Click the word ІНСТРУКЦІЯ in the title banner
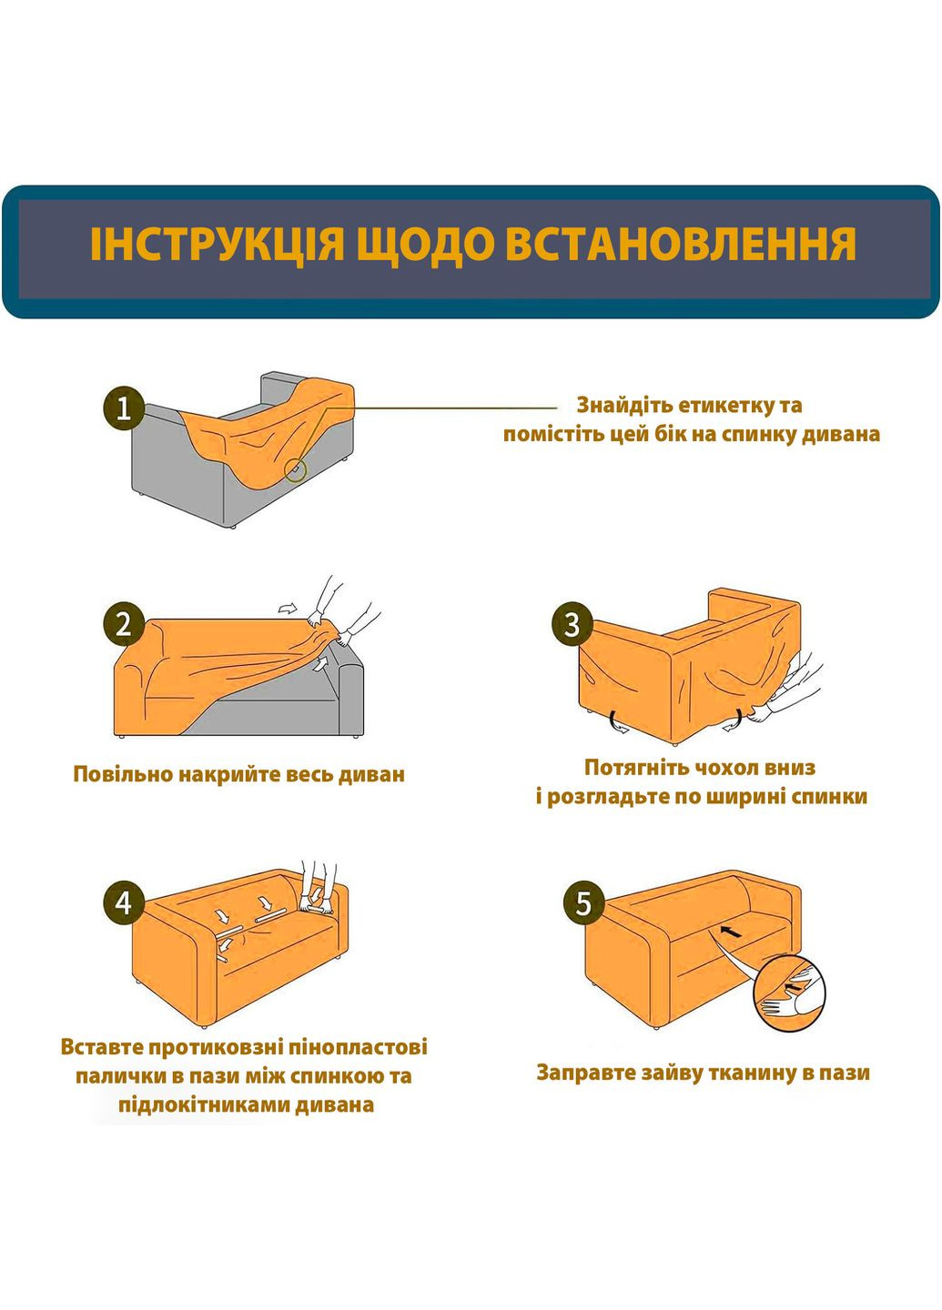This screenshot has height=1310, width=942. pyautogui.click(x=217, y=245)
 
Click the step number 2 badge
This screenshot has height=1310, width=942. pyautogui.click(x=123, y=625)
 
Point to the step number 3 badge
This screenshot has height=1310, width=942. pyautogui.click(x=572, y=625)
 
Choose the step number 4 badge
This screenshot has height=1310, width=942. pyautogui.click(x=123, y=903)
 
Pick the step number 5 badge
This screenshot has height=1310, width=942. pyautogui.click(x=583, y=903)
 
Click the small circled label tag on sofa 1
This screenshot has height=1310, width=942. pyautogui.click(x=295, y=469)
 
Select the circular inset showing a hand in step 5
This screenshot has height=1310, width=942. pyautogui.click(x=790, y=993)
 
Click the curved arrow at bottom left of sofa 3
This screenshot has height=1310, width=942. pyautogui.click(x=618, y=722)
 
